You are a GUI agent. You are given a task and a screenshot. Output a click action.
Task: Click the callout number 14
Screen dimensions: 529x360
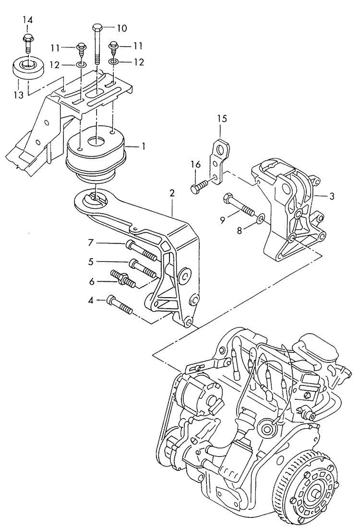28,20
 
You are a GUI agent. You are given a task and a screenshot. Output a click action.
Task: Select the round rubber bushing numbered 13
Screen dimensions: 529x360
27,68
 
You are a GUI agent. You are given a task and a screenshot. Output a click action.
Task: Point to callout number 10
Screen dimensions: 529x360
121,28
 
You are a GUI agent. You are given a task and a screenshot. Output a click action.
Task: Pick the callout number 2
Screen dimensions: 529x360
172,193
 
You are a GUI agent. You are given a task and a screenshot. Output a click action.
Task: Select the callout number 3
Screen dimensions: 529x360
331,196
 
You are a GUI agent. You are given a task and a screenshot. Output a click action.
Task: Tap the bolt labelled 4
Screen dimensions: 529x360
120,304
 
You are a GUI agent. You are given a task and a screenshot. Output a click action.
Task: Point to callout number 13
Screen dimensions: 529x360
18,95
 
